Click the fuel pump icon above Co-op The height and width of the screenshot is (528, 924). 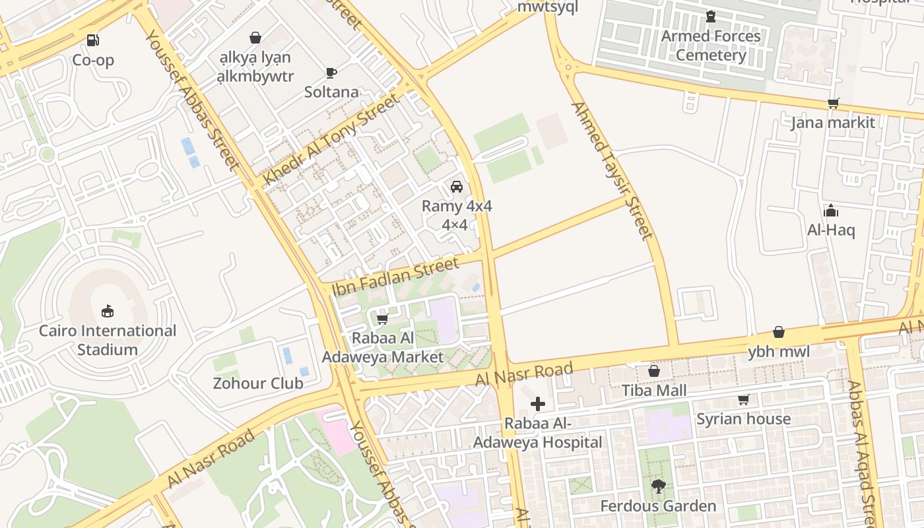tap(93, 40)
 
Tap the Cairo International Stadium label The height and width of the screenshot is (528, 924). tap(108, 340)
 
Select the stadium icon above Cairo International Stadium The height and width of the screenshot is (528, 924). tap(108, 311)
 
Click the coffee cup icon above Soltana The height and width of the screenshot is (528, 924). tap(331, 73)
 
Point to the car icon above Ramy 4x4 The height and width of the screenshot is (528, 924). tap(456, 187)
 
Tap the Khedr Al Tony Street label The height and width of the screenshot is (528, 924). tap(332, 139)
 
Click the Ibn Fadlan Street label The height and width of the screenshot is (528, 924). tap(395, 277)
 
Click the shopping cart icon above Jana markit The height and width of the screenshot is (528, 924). tap(833, 103)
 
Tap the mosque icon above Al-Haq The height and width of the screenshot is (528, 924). tap(831, 211)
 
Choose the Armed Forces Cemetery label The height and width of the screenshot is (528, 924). tap(711, 46)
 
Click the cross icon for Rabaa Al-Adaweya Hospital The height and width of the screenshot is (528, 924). tap(538, 404)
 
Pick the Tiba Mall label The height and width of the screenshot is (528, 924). tap(654, 391)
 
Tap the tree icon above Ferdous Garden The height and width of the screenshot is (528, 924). tap(657, 487)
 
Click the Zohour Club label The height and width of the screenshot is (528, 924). tap(258, 383)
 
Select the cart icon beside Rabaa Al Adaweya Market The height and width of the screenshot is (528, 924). tap(381, 320)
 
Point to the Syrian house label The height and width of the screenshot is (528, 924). tap(743, 419)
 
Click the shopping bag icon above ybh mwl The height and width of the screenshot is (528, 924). tap(779, 332)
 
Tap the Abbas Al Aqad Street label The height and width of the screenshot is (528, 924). tap(864, 455)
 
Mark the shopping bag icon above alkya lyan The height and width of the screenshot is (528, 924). tap(255, 38)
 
